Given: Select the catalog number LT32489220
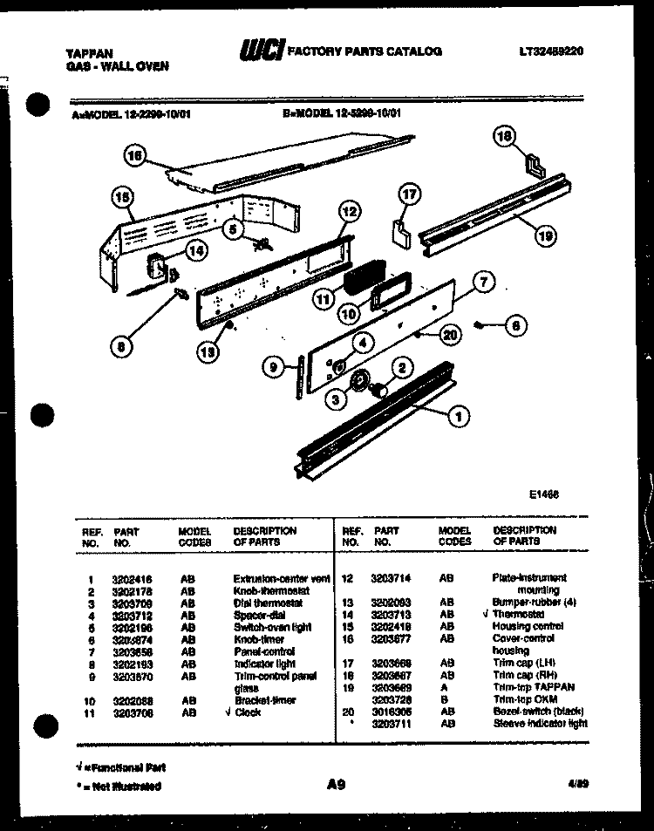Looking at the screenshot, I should pos(549,51).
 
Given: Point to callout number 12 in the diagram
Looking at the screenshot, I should pos(348,210).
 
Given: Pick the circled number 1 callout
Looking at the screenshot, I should pos(454,418).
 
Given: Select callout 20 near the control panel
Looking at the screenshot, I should pos(450,332).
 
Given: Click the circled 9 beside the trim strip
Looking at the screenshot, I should pos(273,369).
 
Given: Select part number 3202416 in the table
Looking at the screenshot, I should pos(131,578).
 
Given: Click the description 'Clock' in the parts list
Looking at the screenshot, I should pos(248,712).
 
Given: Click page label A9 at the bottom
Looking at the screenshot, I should pos(337,784).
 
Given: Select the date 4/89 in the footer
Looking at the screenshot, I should pos(576,784).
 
